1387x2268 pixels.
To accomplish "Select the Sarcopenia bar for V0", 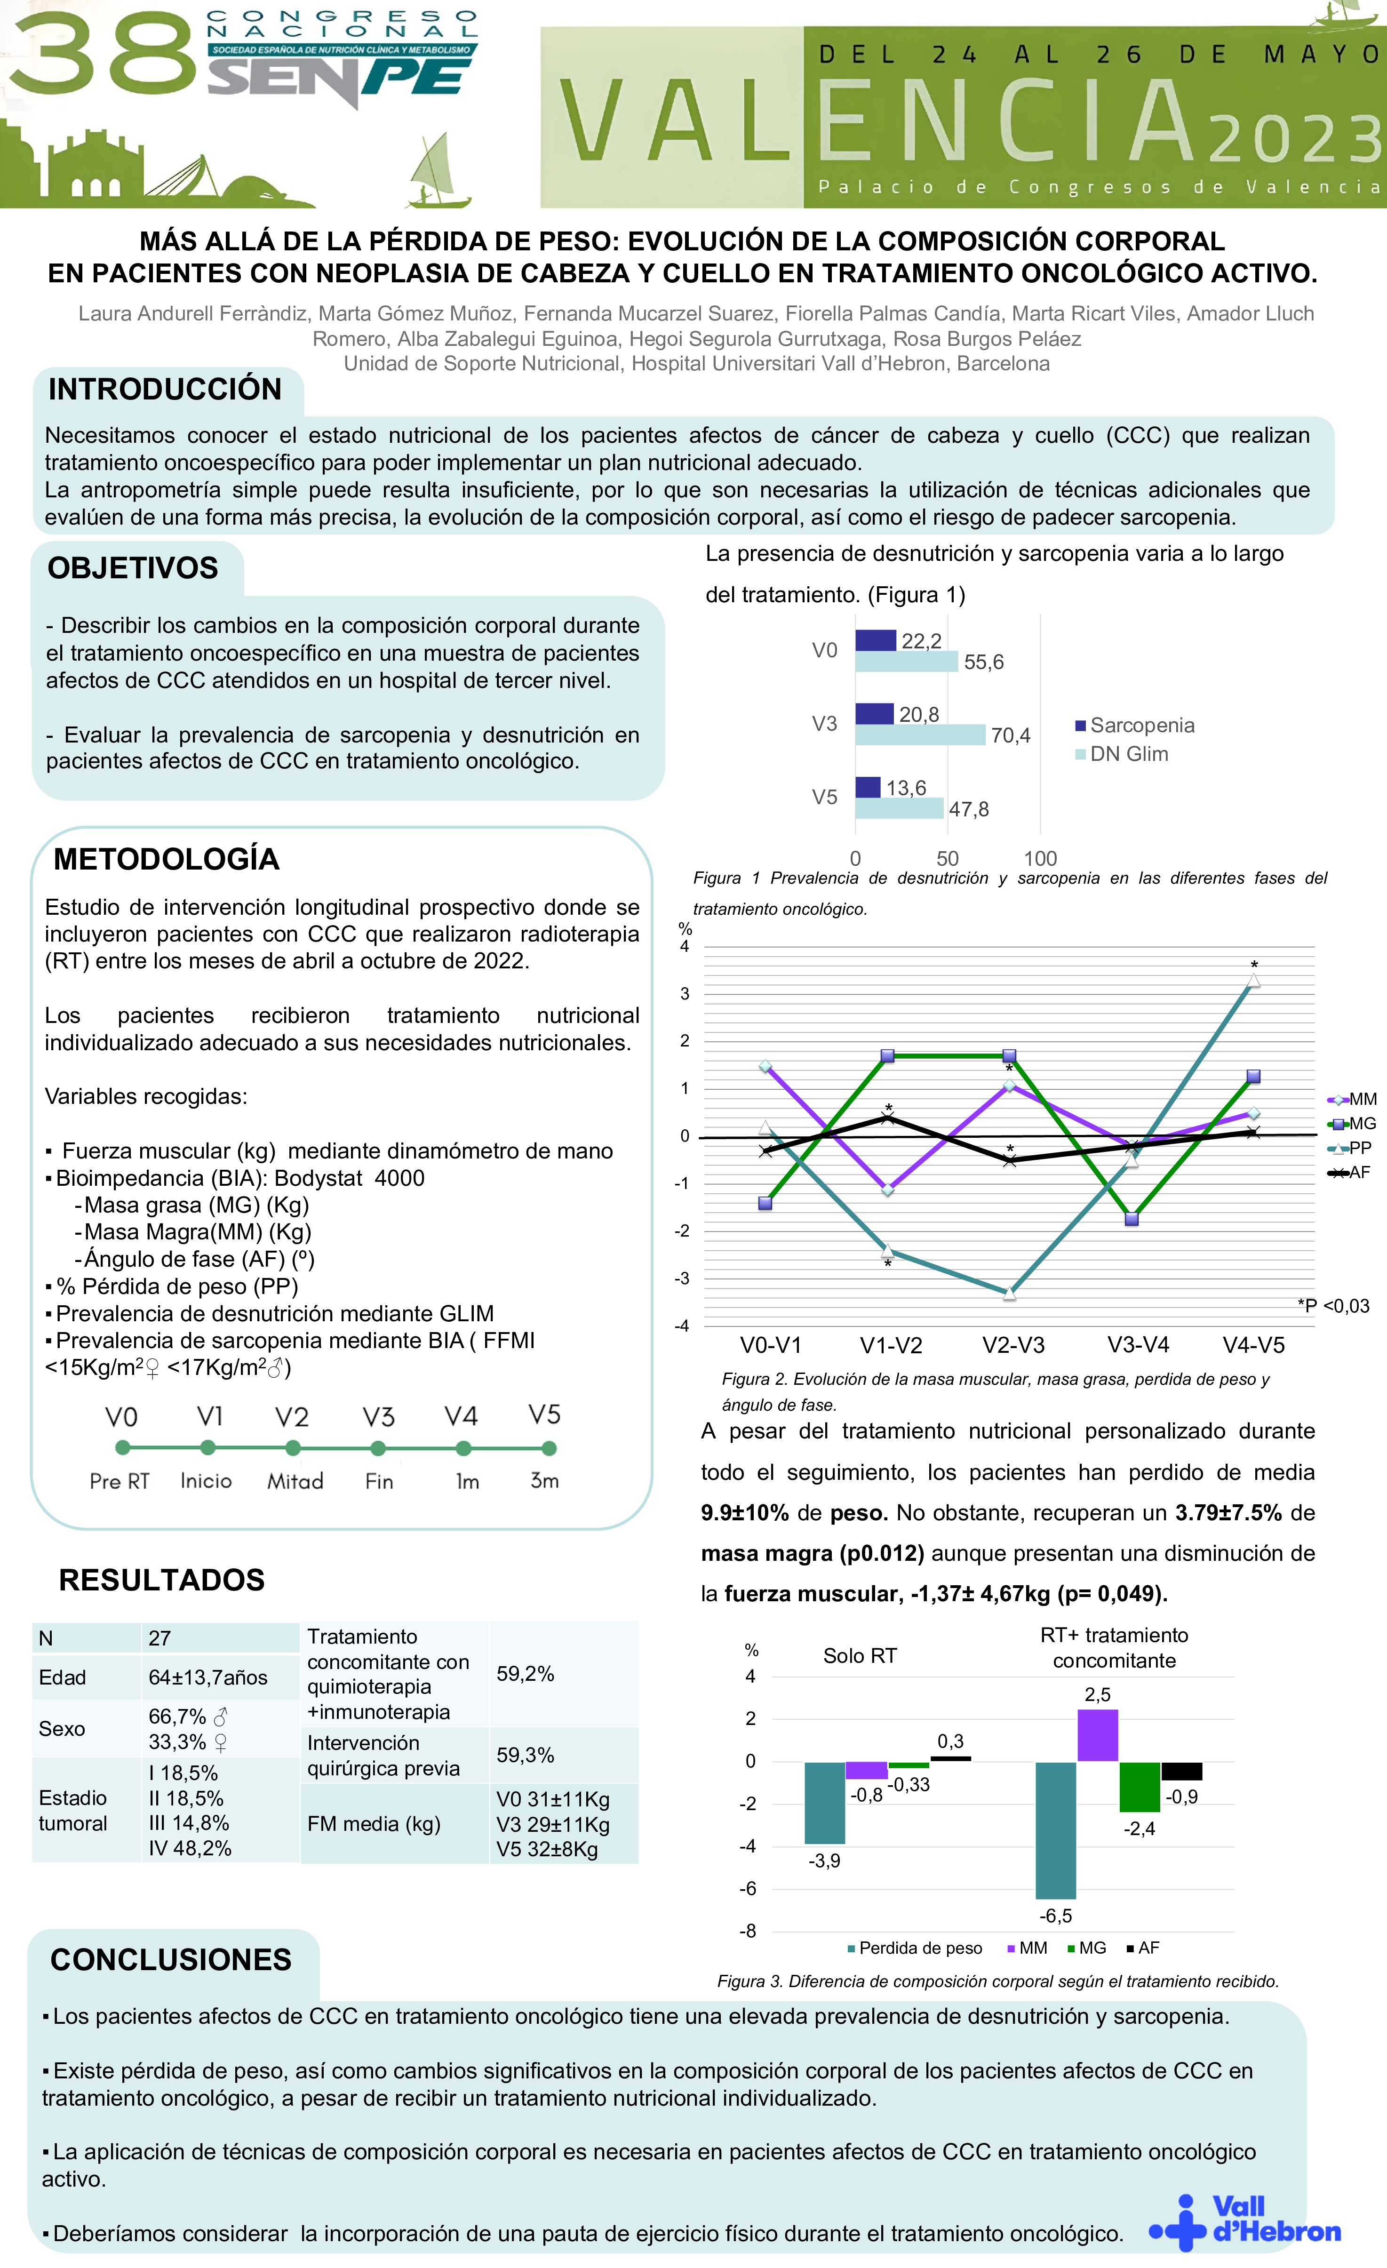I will (875, 640).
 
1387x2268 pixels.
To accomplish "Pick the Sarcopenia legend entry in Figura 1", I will (1135, 725).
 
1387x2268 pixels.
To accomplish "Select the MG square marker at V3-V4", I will (1132, 1220).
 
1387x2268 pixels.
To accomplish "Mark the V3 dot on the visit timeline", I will (377, 1449).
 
